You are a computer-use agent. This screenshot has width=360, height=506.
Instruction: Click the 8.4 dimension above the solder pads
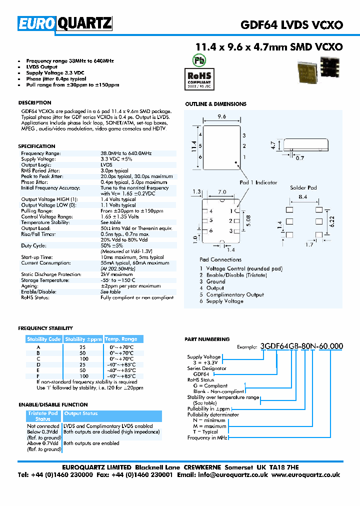point(303,197)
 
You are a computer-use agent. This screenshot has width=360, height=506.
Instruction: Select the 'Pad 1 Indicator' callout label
point(258,182)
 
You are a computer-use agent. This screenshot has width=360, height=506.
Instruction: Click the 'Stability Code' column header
point(44,339)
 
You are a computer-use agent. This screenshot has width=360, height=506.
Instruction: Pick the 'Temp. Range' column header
point(120,339)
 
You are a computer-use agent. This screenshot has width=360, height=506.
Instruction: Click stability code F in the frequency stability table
point(38,375)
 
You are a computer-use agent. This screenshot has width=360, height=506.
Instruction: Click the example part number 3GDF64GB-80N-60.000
point(301,346)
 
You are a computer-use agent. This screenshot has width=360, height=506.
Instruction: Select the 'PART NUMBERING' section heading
point(207,339)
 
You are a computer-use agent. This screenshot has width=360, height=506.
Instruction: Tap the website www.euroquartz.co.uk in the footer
point(306,475)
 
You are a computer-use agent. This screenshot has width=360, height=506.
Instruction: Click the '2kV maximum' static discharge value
point(116,274)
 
